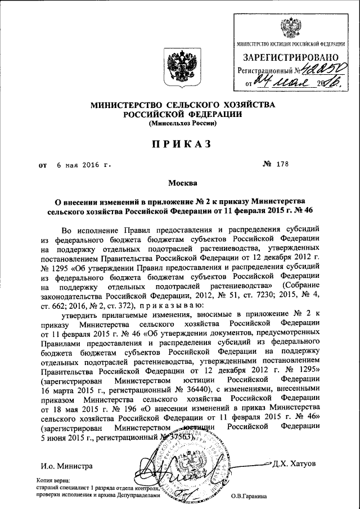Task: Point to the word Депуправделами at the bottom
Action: coord(137,496)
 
